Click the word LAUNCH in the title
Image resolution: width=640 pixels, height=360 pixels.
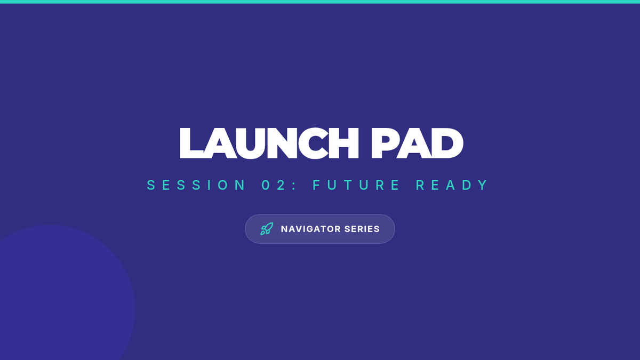coord(269,143)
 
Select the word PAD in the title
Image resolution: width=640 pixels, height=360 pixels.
coord(417,143)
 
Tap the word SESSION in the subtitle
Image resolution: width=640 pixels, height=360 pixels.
coord(196,185)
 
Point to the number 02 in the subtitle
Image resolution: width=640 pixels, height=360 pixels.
coord(274,185)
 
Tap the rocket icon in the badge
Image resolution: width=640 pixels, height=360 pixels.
coord(267,229)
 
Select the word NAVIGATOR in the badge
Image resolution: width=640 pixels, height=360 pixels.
coord(311,229)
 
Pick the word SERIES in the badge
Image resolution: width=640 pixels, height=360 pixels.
coord(362,229)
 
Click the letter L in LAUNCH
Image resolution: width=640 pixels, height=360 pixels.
coord(191,143)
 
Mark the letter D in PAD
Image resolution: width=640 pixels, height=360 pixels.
coord(447,143)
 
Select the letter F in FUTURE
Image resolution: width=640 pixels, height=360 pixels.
coord(316,185)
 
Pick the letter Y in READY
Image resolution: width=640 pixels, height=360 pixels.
coord(483,185)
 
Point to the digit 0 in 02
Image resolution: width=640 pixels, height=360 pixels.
coord(266,185)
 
